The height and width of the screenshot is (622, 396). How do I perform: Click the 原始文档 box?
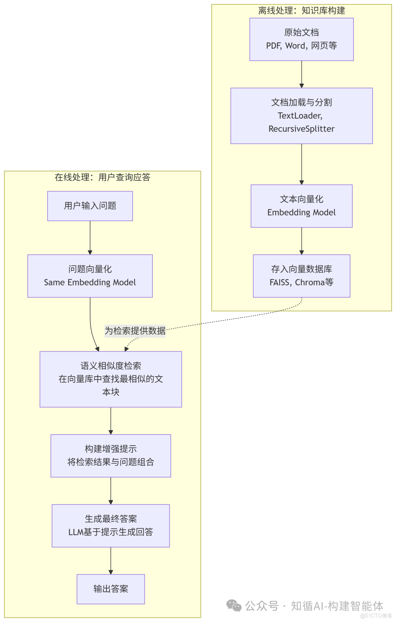[x=301, y=39]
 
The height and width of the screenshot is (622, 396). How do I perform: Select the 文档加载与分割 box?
[x=301, y=115]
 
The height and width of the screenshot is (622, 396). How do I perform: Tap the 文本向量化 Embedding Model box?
[x=301, y=206]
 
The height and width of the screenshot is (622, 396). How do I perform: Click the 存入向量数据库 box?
[x=301, y=276]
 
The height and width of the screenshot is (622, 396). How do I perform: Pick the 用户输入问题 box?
[x=90, y=206]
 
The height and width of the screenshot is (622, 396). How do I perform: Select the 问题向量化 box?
[x=90, y=276]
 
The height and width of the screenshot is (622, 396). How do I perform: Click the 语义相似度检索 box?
[x=111, y=379]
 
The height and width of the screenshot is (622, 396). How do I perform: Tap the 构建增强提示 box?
[x=111, y=456]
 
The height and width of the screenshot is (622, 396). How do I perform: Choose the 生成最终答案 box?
[x=111, y=525]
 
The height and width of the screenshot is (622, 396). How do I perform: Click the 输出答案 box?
[x=111, y=589]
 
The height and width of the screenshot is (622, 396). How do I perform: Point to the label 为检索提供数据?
[x=135, y=331]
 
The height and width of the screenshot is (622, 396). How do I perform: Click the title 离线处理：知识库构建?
[x=301, y=11]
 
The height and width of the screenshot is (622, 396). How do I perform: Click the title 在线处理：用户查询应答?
[x=102, y=177]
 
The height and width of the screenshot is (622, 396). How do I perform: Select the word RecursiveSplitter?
[x=301, y=129]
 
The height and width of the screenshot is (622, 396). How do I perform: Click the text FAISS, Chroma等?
[x=301, y=283]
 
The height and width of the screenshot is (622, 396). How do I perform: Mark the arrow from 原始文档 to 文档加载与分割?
[x=301, y=74]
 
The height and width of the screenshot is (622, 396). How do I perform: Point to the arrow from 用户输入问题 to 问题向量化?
[x=90, y=238]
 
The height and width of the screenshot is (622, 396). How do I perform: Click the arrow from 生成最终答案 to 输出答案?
[x=111, y=561]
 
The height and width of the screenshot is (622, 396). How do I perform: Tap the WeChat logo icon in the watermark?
[x=234, y=605]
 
